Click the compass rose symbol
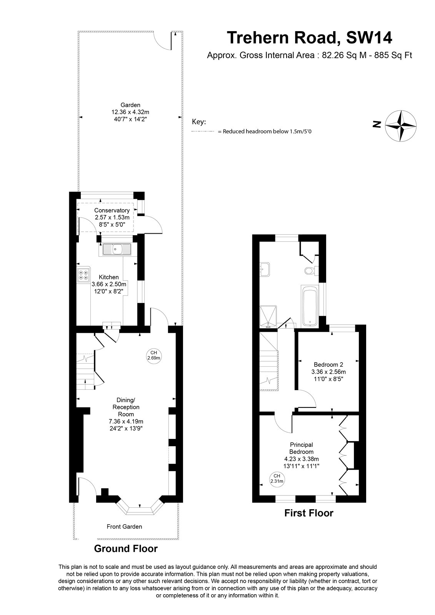point(400,126)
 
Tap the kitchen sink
point(117,249)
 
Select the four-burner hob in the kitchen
point(83,275)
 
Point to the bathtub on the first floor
point(310,306)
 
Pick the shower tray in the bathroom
point(268,317)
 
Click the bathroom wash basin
point(265,269)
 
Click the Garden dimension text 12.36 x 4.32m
point(130,112)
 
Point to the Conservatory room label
point(112,210)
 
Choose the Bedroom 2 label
point(328,365)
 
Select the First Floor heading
point(308,513)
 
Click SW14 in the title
point(369,38)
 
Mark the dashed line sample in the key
point(203,131)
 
